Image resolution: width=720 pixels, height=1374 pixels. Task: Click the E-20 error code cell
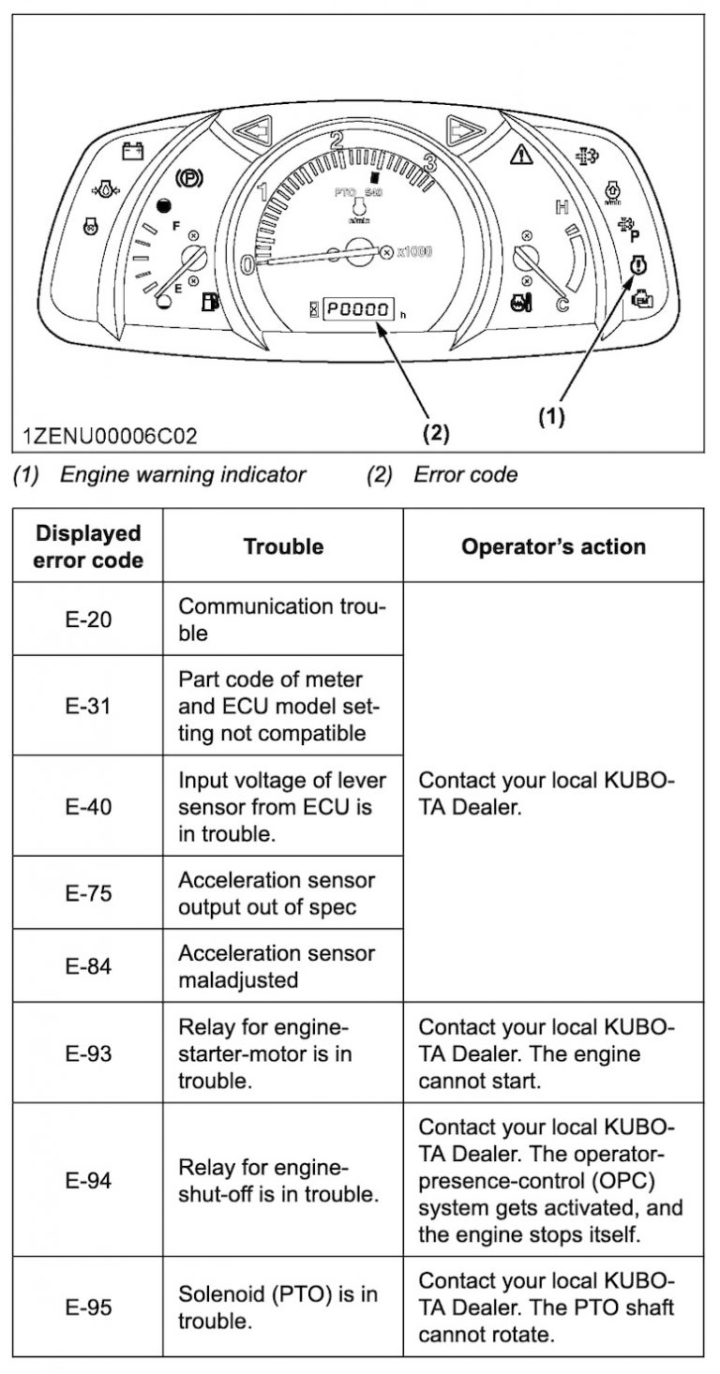click(x=88, y=620)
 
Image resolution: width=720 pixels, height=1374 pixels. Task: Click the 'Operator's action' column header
click(x=553, y=546)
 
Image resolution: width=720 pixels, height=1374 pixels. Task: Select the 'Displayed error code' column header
click(x=88, y=546)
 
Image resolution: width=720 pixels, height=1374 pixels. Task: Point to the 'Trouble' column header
click(x=283, y=546)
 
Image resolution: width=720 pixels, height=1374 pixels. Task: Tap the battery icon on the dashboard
click(x=133, y=150)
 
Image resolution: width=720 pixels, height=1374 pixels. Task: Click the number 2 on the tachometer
click(x=335, y=142)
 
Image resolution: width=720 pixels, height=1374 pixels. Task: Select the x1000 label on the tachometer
click(x=413, y=252)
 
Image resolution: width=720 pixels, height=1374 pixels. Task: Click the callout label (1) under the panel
click(x=550, y=418)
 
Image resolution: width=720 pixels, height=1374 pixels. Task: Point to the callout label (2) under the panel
click(x=436, y=433)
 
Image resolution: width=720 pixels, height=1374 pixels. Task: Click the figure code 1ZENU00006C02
click(x=110, y=436)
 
